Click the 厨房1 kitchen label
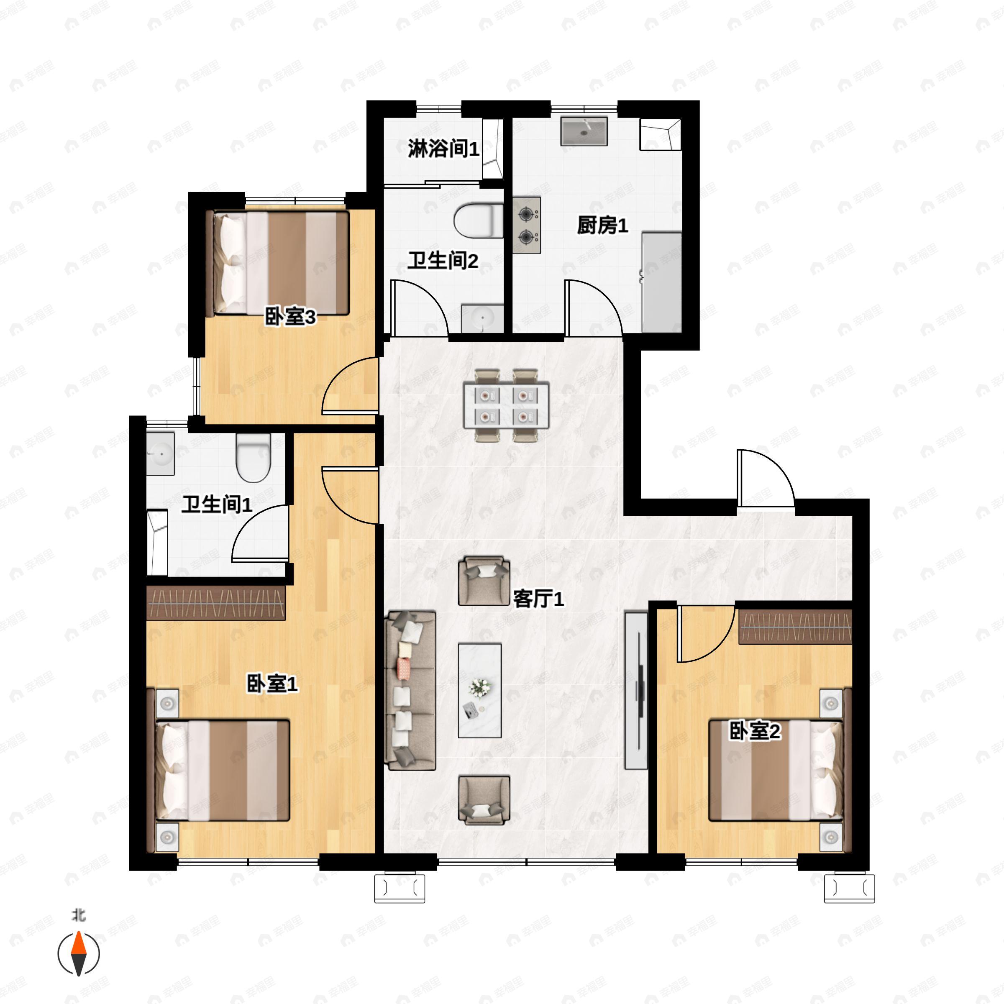[x=602, y=225]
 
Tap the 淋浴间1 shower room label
[x=443, y=149]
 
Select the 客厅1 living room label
[x=538, y=599]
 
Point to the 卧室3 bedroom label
[x=290, y=317]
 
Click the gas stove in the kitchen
[x=526, y=225]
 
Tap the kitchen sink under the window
[x=584, y=131]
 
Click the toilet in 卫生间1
[x=253, y=458]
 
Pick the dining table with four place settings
[x=506, y=405]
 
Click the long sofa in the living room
[x=410, y=691]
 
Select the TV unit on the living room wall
[x=636, y=691]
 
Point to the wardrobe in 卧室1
[x=216, y=603]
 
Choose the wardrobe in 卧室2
[x=795, y=627]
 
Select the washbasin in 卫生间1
[x=160, y=453]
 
